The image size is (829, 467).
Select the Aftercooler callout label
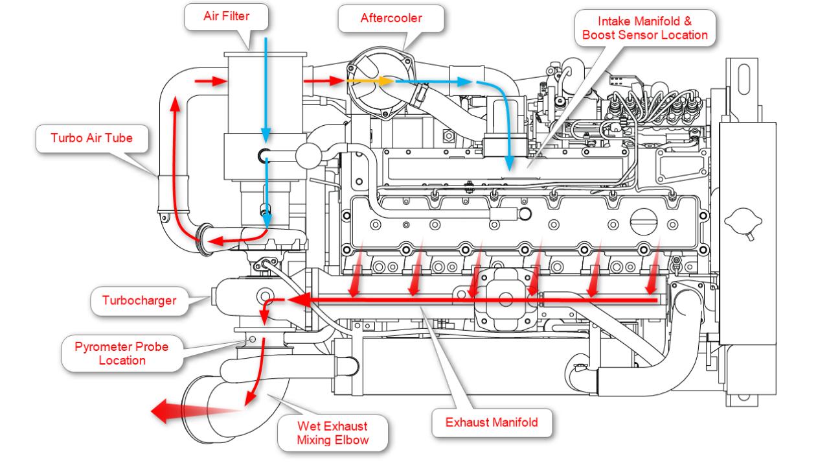coord(391,18)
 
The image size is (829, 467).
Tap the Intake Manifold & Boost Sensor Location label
coord(644,28)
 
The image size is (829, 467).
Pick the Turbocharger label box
coord(139,301)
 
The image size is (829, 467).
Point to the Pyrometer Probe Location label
coord(122,353)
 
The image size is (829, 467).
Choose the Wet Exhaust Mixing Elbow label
coord(332,433)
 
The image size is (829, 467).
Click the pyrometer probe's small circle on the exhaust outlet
coord(252,340)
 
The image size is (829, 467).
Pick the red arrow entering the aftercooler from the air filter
coord(324,82)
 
